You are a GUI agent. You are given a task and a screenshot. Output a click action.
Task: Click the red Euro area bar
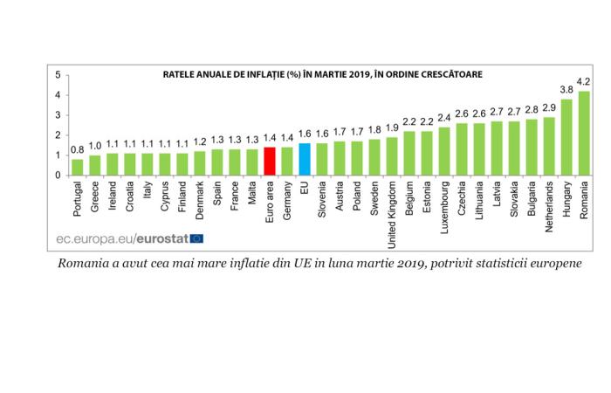pos(269,162)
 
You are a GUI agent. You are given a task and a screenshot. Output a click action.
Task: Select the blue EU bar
pos(304,160)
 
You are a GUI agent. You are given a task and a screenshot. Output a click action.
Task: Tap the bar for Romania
pos(584,134)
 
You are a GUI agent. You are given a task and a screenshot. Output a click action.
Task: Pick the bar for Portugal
pos(78,168)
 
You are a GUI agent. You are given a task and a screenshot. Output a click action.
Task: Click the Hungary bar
pos(566,138)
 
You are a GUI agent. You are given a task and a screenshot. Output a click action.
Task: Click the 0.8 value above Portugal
pos(78,151)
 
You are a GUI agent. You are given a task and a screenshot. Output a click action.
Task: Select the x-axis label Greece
pos(95,195)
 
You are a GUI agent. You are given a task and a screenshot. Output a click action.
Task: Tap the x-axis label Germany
pos(286,196)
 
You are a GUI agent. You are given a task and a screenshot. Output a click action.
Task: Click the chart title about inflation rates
pos(322,75)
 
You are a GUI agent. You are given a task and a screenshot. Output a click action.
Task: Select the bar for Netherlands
pos(549,147)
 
